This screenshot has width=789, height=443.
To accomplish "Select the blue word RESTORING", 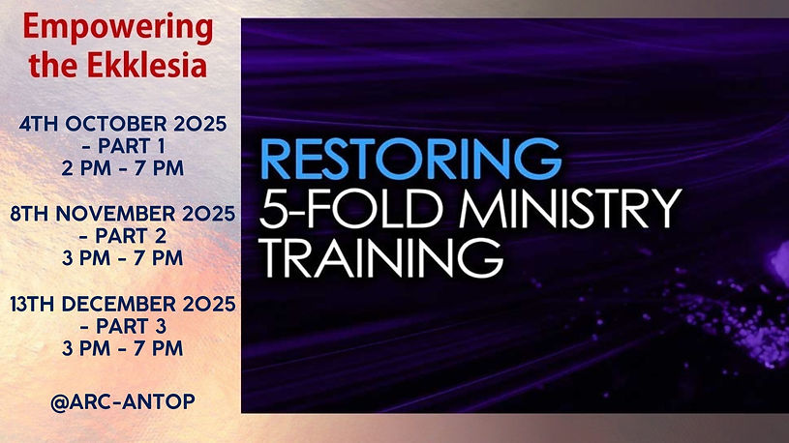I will [x=410, y=159].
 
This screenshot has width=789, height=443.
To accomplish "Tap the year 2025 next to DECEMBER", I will [x=208, y=307].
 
